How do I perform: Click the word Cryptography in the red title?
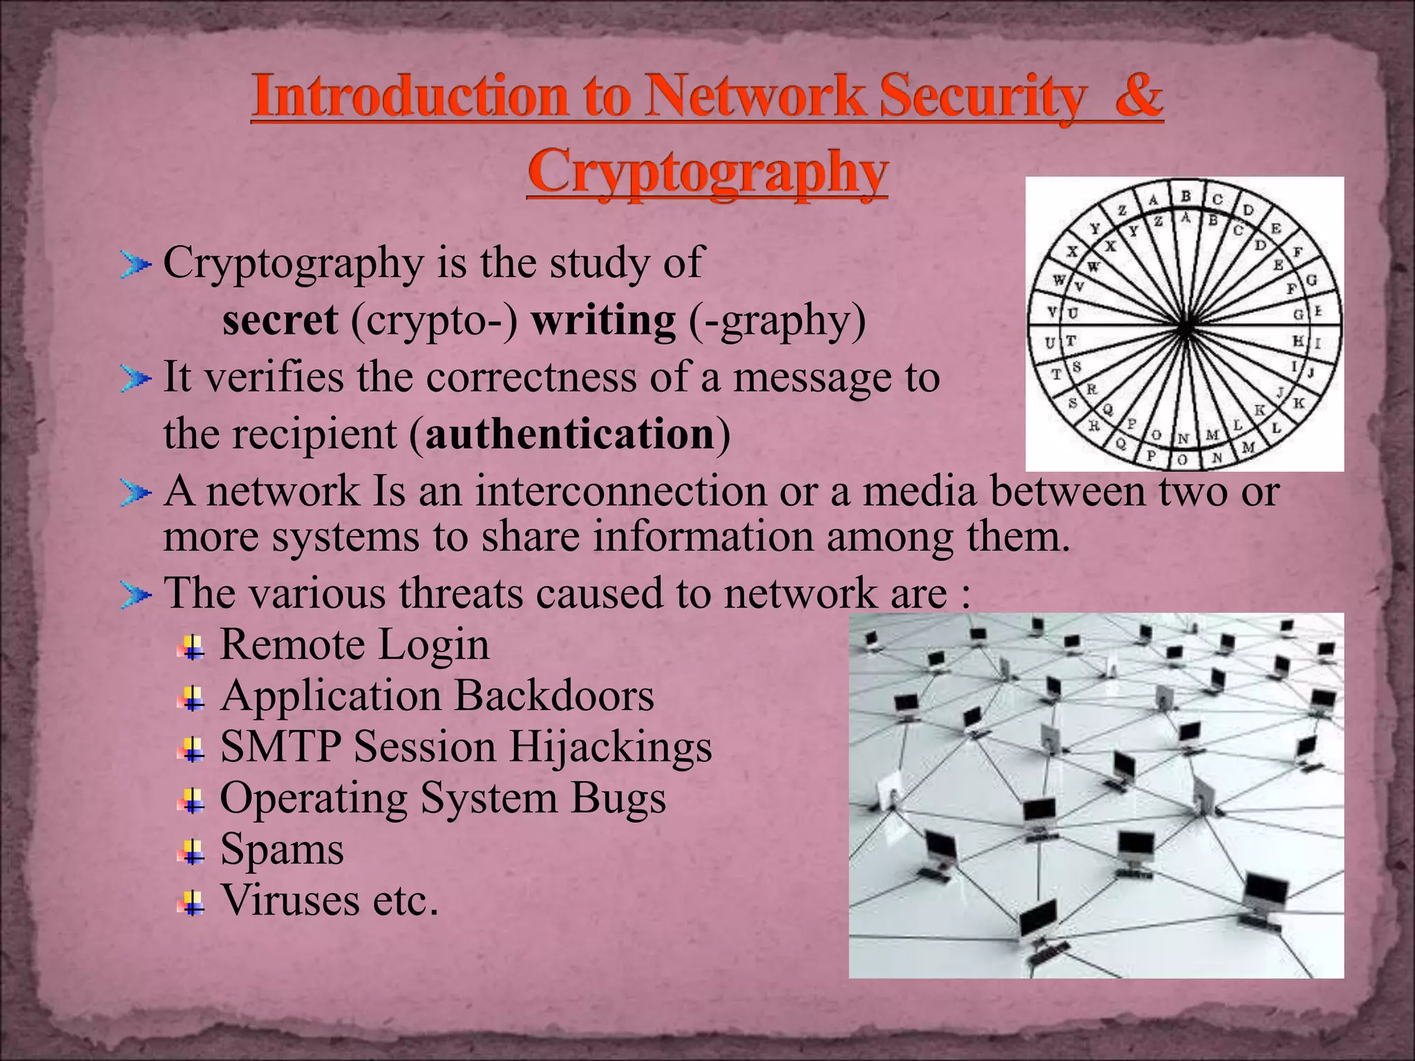click(x=707, y=173)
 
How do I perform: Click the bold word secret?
click(x=281, y=321)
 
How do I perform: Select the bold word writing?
click(x=603, y=321)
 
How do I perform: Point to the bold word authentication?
click(x=569, y=434)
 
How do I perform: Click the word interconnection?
click(x=620, y=491)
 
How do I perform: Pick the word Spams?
click(x=281, y=849)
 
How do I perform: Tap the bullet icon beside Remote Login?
click(x=191, y=648)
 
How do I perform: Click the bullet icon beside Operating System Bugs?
click(x=191, y=801)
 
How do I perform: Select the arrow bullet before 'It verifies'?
click(x=134, y=379)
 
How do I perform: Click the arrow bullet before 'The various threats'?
click(x=134, y=595)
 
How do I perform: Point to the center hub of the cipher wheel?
click(x=1184, y=325)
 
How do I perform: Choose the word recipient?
click(x=314, y=434)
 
